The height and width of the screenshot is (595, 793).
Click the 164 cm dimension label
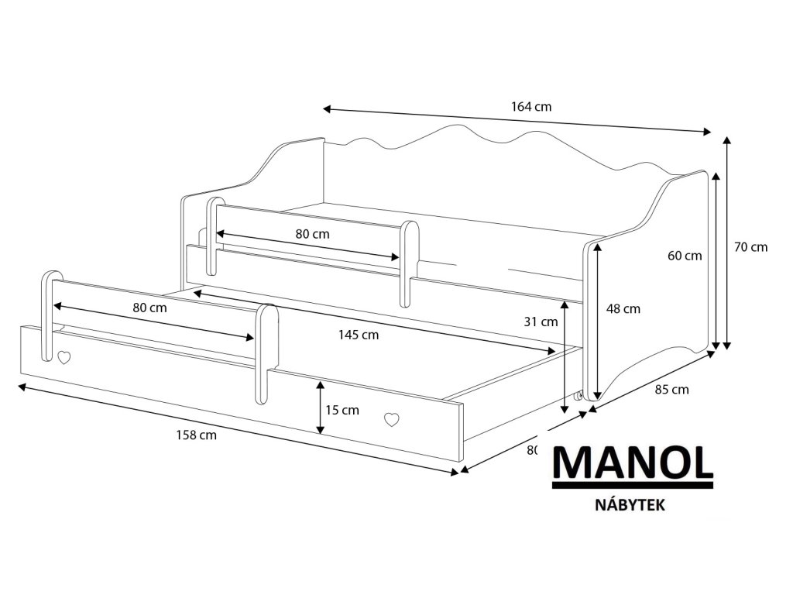pos(531,107)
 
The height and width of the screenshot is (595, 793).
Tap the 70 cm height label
pos(751,247)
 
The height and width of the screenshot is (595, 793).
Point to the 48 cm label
pos(623,309)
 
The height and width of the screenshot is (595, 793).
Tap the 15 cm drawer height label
pos(342,410)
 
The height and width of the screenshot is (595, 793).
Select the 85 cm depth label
pos(671,390)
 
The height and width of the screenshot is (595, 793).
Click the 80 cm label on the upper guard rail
pos(312,233)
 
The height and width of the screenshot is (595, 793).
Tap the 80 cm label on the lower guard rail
pos(149,308)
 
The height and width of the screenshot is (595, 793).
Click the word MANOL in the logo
pos(631,464)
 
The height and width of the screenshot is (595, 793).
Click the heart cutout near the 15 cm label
pos(392,419)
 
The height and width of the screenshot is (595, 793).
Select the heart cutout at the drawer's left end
pos(65,358)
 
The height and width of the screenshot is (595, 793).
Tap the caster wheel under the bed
pos(578,397)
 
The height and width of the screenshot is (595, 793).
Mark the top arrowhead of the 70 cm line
pos(727,140)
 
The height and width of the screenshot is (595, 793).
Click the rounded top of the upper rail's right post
pos(410,229)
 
